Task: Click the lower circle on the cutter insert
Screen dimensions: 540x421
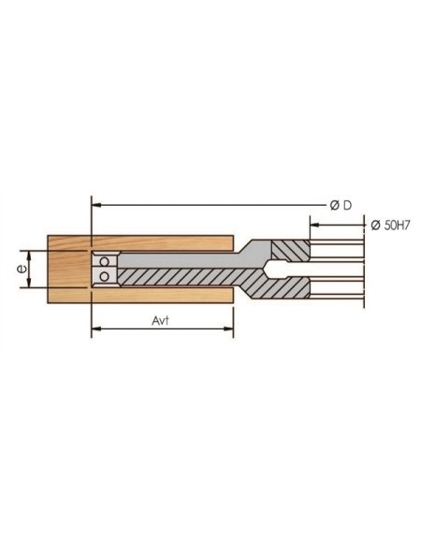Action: (106, 276)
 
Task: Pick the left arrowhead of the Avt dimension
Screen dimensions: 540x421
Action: (95, 329)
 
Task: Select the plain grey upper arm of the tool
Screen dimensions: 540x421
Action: (178, 260)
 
